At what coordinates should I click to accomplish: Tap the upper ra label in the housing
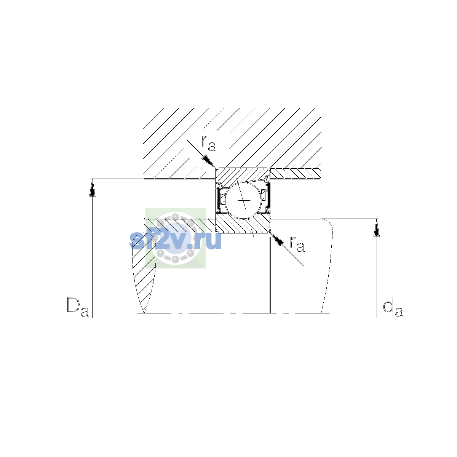(208, 144)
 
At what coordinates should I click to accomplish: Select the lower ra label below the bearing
(297, 244)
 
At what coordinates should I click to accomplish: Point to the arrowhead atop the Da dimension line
(92, 188)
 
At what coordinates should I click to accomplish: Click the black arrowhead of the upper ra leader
(209, 161)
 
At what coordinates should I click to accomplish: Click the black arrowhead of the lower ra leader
(277, 239)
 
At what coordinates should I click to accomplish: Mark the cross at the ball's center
(244, 200)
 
